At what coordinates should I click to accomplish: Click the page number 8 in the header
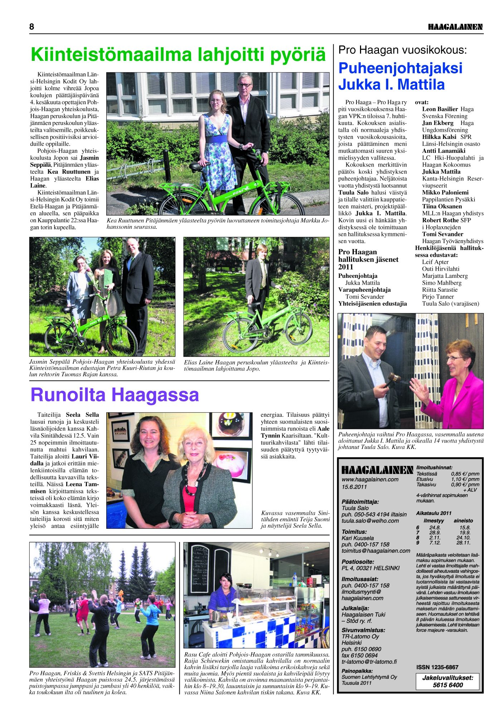32,27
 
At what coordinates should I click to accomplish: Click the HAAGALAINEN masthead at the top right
455,27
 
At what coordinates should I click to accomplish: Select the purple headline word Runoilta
68,395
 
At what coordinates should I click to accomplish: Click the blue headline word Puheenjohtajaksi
400,68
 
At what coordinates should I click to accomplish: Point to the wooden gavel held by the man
393,378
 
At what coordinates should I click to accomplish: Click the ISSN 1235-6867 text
437,667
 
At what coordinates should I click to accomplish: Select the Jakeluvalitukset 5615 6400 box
448,681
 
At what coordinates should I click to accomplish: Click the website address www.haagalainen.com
370,479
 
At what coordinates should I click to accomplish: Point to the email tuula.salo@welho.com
370,521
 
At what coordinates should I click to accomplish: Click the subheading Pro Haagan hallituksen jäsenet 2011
368,259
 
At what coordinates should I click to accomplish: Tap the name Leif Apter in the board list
435,262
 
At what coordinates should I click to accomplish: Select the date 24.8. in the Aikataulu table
435,528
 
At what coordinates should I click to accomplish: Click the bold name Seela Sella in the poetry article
82,415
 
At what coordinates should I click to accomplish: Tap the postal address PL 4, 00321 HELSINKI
370,568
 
